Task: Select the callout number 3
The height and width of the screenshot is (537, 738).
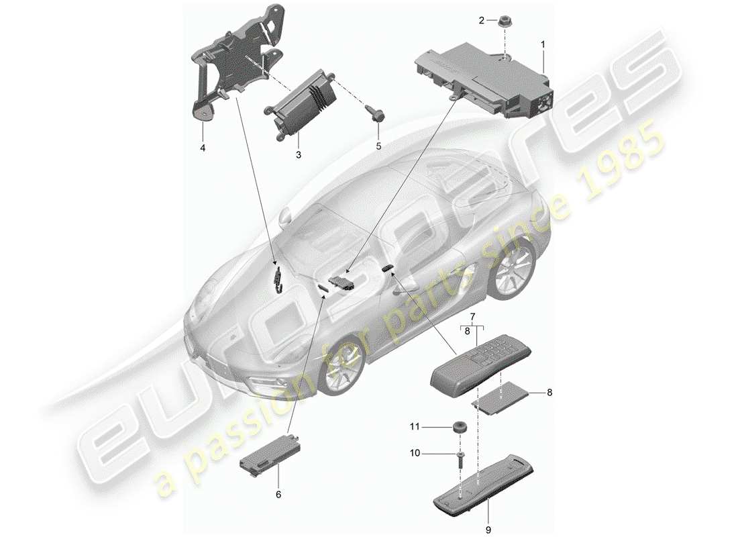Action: (x=299, y=154)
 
